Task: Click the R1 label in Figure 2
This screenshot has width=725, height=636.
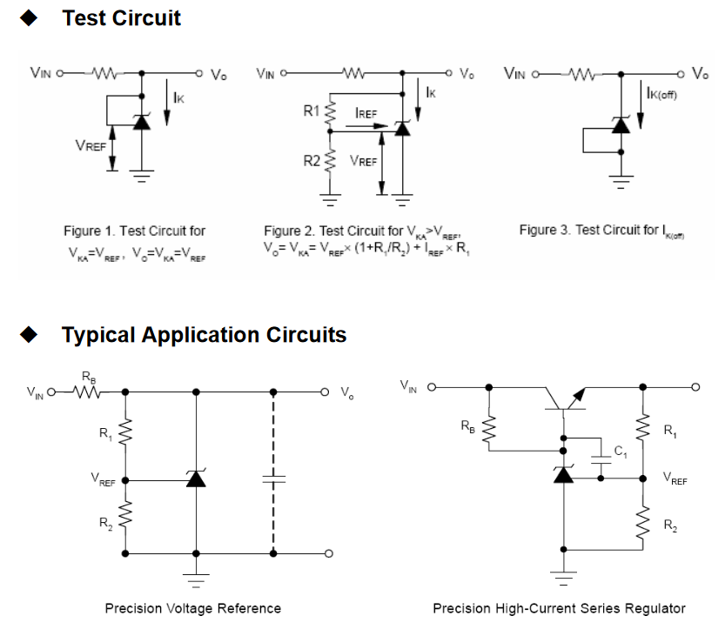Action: point(312,111)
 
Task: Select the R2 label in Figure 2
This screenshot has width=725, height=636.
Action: point(312,161)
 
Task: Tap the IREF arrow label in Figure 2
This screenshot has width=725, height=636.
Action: point(366,113)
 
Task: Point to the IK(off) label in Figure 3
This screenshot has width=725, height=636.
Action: point(661,93)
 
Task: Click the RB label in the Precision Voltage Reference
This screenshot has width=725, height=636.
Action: point(89,378)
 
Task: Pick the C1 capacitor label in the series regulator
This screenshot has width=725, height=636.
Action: point(621,451)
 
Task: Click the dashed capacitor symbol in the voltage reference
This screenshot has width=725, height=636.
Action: point(273,479)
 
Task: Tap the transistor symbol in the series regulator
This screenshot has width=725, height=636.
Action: point(565,401)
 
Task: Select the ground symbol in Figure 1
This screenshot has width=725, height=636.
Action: point(142,176)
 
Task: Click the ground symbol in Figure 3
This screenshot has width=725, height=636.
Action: point(621,182)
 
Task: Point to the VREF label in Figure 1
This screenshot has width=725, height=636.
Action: point(91,146)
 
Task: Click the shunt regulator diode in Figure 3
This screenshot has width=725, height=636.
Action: point(621,124)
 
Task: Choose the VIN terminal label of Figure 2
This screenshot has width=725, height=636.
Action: point(265,74)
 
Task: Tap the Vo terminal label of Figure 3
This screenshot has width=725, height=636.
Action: point(700,73)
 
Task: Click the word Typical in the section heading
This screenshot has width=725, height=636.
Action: point(98,336)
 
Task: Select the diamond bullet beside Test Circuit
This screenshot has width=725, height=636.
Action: point(29,17)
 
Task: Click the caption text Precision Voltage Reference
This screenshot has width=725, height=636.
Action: point(193,608)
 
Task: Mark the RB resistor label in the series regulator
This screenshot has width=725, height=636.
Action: point(468,426)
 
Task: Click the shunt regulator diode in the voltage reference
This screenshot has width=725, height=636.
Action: point(196,479)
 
